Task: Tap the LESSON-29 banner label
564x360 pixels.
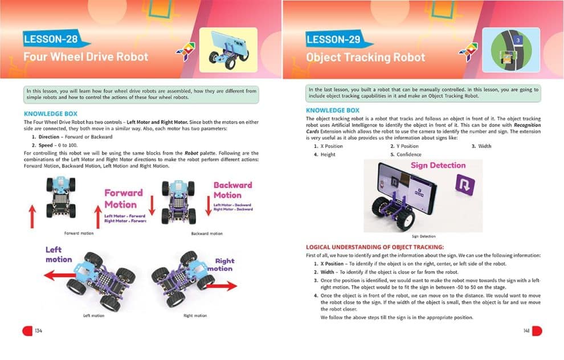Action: click(334, 40)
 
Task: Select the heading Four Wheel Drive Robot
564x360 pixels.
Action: click(85, 57)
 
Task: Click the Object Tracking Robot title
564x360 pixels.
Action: click(365, 58)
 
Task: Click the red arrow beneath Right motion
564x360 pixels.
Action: click(219, 285)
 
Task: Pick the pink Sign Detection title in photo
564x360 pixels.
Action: click(438, 166)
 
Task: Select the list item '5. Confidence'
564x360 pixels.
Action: click(406, 154)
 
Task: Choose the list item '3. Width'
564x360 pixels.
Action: click(481, 146)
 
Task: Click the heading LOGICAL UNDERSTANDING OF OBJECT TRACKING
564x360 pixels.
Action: click(375, 247)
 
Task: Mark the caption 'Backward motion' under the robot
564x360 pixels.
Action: click(207, 234)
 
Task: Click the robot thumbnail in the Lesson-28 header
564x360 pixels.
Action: click(228, 50)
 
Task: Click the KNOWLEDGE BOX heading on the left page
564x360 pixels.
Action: click(51, 114)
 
